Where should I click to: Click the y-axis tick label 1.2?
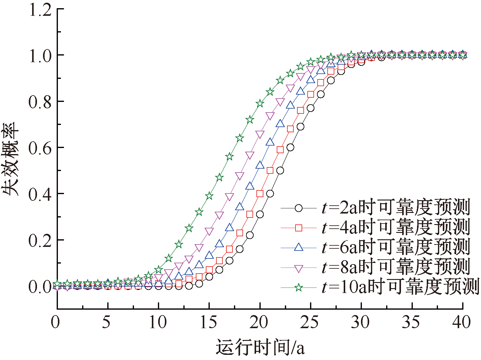(x=40, y=10)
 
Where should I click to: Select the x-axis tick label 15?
(x=209, y=322)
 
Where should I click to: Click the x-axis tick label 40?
(x=462, y=322)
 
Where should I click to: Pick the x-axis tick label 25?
(x=310, y=322)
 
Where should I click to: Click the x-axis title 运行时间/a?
(x=260, y=347)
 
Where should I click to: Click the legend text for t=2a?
(x=396, y=208)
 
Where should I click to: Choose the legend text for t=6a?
(x=396, y=247)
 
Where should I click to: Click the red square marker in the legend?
(x=299, y=228)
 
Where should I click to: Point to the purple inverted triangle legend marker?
(x=299, y=268)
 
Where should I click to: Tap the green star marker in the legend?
(x=299, y=287)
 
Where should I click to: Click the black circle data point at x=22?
(x=280, y=170)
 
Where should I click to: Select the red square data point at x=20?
(x=260, y=193)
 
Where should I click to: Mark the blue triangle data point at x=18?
(x=240, y=207)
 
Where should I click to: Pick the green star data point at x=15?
(x=209, y=196)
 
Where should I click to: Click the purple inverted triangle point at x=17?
(x=229, y=197)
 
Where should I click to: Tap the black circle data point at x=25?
(x=310, y=108)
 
